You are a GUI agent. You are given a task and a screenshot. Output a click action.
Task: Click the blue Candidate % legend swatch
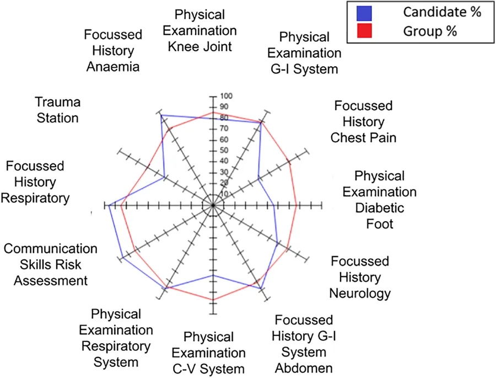pos(364,13)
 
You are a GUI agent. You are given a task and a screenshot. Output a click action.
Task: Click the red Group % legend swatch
pos(364,31)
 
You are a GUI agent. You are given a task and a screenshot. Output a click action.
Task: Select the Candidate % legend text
pos(442,12)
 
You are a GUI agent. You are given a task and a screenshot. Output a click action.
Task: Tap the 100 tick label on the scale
pos(226,95)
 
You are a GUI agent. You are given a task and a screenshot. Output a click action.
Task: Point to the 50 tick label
pos(224,150)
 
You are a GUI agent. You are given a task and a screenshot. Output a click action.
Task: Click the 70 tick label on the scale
pos(224,129)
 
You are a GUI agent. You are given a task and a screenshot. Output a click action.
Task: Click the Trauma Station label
pos(57,110)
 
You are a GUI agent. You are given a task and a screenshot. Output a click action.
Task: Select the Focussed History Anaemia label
pos(113,51)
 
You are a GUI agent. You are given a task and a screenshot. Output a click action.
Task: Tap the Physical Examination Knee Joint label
pos(200,30)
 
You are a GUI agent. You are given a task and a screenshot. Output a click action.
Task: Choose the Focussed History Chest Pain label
pos(364,121)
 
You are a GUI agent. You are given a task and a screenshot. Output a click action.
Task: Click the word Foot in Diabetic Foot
pos(380,224)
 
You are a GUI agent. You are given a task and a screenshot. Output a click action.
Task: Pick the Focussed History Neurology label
pos(360,277)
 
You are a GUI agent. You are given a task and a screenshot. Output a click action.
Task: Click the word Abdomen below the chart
pos(304,368)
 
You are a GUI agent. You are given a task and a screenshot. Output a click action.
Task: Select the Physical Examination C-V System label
pos(208,353)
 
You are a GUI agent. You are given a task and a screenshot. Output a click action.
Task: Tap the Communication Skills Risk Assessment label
pos(50,264)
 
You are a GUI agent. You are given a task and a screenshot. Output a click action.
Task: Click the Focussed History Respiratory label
pos(35,182)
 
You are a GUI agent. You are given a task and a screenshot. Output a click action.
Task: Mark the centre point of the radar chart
pos(213,206)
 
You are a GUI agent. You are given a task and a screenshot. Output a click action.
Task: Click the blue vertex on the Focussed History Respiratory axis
pos(109,206)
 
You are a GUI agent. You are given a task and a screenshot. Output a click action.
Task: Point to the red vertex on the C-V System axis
pos(213,300)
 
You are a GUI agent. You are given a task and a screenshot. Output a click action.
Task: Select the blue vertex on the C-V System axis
pos(213,275)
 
